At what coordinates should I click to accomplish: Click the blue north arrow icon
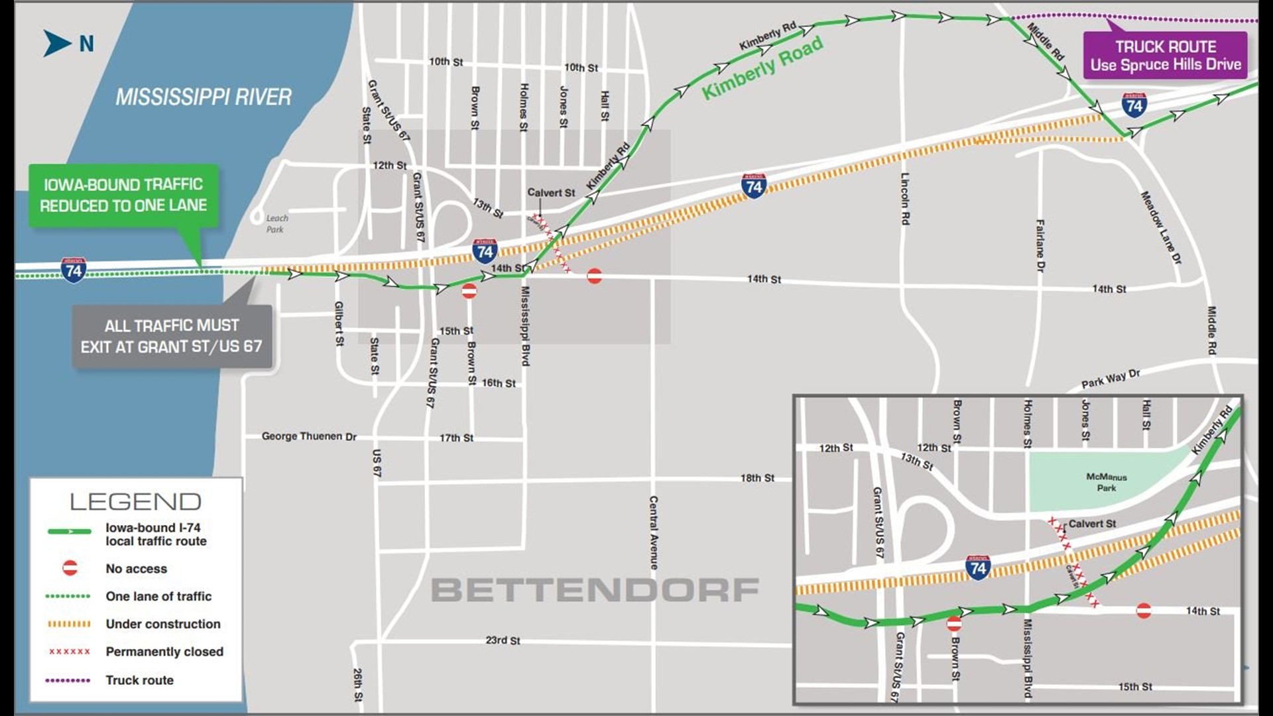(x=58, y=43)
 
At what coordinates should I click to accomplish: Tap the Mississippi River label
(x=204, y=97)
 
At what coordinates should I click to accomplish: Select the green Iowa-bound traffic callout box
(x=123, y=195)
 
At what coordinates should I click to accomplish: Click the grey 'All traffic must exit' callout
(x=172, y=336)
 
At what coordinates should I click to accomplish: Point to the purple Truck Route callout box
(x=1165, y=56)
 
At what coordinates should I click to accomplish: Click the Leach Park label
(x=276, y=223)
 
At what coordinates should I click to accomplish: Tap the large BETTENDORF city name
(x=595, y=590)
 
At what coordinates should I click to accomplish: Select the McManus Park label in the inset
(x=1106, y=482)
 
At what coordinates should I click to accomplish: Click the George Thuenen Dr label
(x=309, y=436)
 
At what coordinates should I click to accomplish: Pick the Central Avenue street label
(x=654, y=532)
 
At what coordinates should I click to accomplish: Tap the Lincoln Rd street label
(x=904, y=198)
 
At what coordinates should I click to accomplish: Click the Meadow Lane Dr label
(x=1161, y=227)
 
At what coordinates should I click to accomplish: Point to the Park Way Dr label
(x=1111, y=379)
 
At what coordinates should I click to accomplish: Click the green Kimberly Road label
(x=762, y=68)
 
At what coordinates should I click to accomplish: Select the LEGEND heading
(x=135, y=502)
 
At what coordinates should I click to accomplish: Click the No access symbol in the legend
(x=70, y=568)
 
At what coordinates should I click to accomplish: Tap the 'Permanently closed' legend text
(x=164, y=652)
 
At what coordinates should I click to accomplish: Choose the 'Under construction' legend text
(x=163, y=624)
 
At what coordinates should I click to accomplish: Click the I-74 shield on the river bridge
(x=73, y=270)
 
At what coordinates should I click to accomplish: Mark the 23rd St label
(x=503, y=640)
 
